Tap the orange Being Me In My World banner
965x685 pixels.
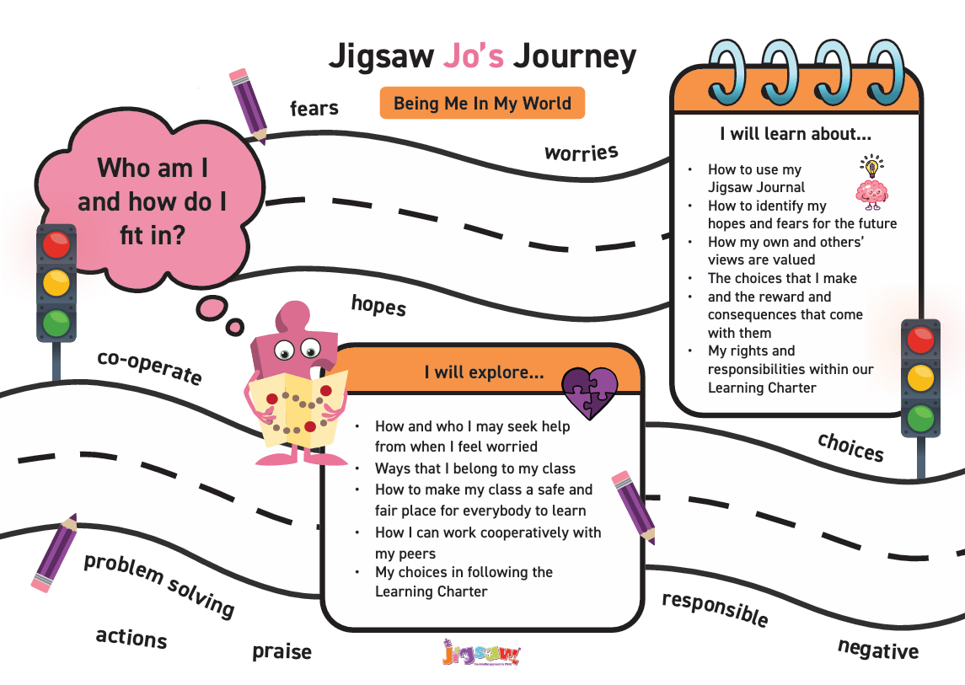click(482, 104)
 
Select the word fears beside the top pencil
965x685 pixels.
click(314, 108)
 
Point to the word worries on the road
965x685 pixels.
click(582, 153)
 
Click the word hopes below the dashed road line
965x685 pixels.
click(378, 305)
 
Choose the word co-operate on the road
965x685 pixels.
click(150, 367)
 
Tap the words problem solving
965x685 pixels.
click(159, 585)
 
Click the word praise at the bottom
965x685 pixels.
click(281, 651)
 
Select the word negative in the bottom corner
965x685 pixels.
click(877, 649)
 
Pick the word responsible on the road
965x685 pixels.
click(715, 608)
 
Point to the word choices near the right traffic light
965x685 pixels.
click(851, 447)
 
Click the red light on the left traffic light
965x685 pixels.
click(56, 246)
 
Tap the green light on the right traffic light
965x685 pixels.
click(920, 417)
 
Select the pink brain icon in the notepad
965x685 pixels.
click(871, 194)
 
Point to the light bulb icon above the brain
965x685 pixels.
click(871, 163)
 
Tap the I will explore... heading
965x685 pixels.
click(483, 372)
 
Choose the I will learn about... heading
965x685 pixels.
click(795, 133)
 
